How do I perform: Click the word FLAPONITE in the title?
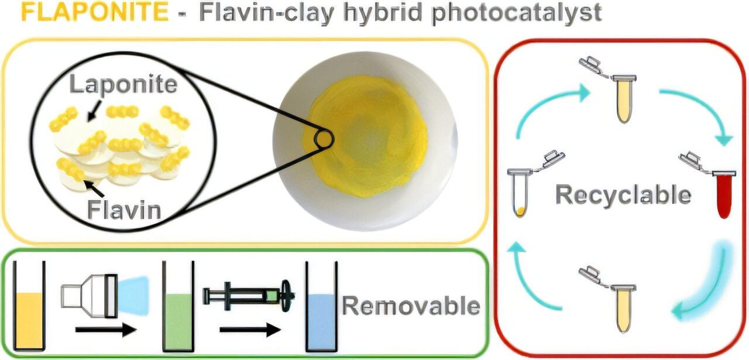[x=94, y=12]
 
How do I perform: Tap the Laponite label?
[x=123, y=84]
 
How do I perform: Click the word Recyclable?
[x=623, y=196]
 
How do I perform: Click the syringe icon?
[x=248, y=294]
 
